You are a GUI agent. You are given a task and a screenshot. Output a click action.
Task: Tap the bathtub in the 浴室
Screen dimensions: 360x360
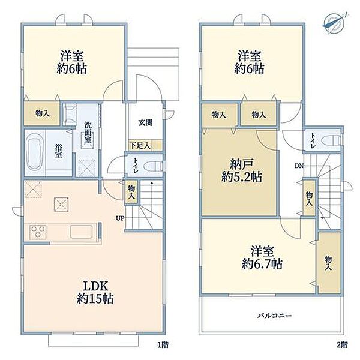[x=35, y=152]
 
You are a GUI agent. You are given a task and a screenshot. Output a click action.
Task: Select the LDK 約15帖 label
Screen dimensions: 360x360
[x=95, y=293]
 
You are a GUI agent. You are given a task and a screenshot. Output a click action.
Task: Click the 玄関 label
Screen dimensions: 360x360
[x=145, y=122]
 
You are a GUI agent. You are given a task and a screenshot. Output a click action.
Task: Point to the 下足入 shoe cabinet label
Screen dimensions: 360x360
[x=140, y=145]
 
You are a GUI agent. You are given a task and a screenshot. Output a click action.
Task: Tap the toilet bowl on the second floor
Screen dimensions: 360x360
[x=332, y=140]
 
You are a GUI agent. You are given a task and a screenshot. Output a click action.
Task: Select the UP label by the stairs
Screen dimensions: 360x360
[x=120, y=218]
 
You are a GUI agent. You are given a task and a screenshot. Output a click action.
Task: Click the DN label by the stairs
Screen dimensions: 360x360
[x=299, y=166]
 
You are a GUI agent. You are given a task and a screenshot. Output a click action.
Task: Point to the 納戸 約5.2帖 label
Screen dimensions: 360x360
[x=242, y=170]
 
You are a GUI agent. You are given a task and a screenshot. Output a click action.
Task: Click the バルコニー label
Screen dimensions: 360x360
[x=274, y=316]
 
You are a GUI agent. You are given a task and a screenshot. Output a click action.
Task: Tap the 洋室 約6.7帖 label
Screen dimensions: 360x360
[x=262, y=257]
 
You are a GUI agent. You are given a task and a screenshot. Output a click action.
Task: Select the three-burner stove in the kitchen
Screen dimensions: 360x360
[x=38, y=232]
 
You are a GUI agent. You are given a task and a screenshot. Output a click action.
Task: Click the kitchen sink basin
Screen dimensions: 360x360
[x=81, y=232]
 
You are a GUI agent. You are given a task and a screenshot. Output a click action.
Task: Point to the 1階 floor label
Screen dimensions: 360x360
[x=163, y=344]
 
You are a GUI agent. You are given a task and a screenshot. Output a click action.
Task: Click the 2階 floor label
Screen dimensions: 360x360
[x=342, y=344]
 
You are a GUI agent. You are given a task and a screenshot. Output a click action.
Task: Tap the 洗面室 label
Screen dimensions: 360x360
[x=88, y=133]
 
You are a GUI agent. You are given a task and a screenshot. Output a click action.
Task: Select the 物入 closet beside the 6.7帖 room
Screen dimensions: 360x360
[x=329, y=263]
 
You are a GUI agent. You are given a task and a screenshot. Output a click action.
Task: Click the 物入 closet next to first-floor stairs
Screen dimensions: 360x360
[x=131, y=192]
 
